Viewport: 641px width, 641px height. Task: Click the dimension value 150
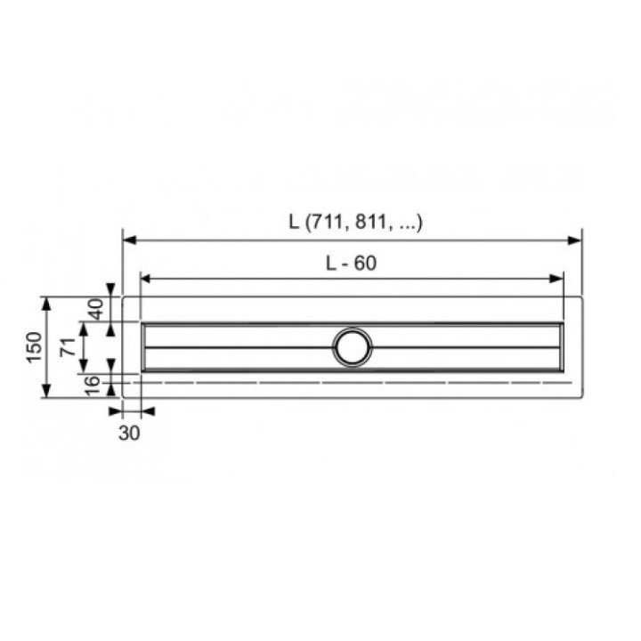(x=33, y=346)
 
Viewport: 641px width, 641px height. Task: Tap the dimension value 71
(x=67, y=346)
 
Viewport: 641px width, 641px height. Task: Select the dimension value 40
(x=95, y=309)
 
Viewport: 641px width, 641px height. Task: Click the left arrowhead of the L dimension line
(x=128, y=239)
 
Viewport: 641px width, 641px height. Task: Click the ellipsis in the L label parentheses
(x=405, y=224)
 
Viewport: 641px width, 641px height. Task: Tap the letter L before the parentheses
(x=294, y=223)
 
